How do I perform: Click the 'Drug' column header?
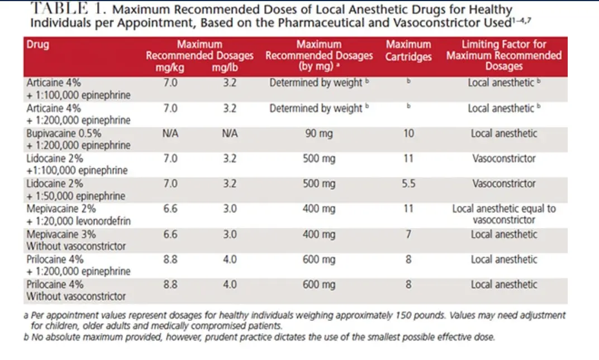point(38,44)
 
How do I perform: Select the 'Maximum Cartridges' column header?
point(408,50)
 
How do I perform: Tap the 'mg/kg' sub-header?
point(170,68)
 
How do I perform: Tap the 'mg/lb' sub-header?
point(225,68)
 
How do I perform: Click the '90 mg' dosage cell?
point(319,134)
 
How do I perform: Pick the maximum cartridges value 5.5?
point(408,183)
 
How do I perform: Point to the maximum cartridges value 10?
point(408,134)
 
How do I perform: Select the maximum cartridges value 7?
point(408,234)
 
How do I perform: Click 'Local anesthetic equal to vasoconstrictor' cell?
point(504,214)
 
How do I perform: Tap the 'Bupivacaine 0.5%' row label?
point(64,134)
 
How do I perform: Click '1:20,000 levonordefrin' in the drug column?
point(83,221)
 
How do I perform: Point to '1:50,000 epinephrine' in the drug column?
point(80,196)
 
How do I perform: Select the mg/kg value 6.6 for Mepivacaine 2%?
point(170,209)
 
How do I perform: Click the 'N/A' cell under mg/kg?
point(170,134)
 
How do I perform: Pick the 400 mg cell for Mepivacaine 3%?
point(319,234)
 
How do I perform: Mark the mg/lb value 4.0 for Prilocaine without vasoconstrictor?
point(230,285)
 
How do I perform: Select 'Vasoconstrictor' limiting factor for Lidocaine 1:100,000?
point(504,158)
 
